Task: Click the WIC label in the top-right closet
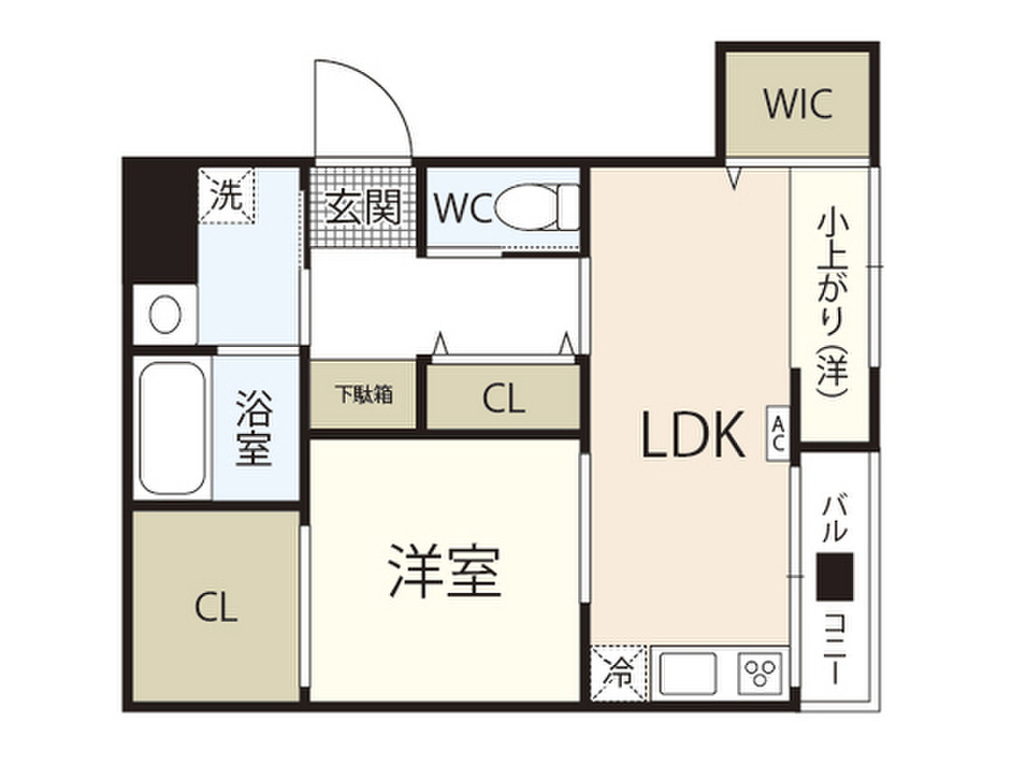point(798,104)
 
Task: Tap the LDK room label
point(693,436)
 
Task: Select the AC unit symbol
point(779,432)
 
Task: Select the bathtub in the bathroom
point(173,431)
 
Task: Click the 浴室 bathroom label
point(253,430)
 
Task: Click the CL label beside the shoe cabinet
point(503,398)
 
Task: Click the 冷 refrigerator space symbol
point(618,675)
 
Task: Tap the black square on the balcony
point(835,576)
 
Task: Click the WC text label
point(462,209)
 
